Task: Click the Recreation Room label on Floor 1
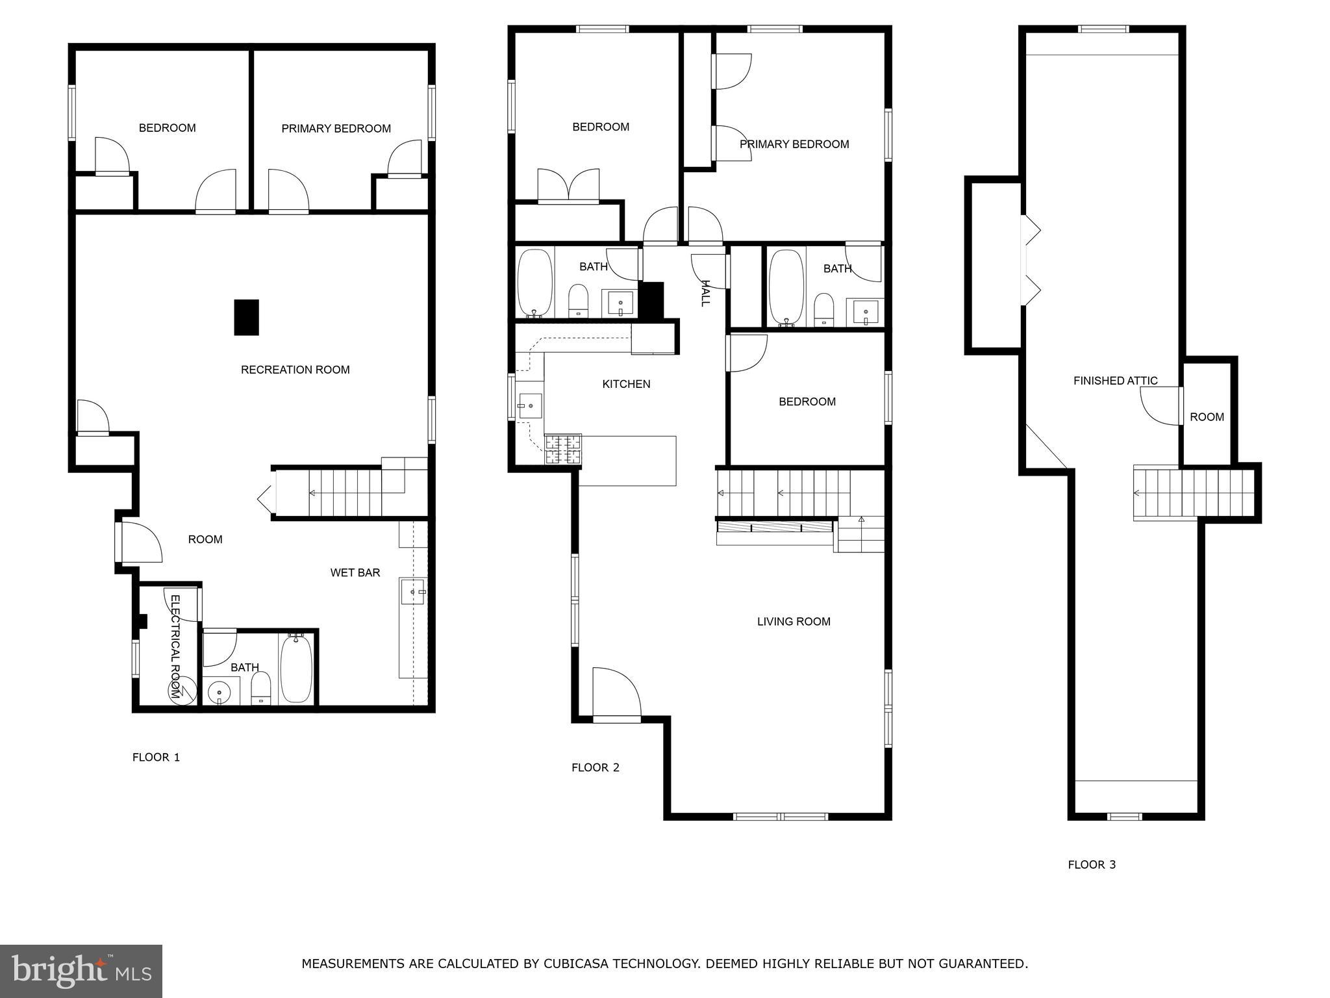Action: (x=295, y=370)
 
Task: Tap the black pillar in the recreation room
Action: (x=246, y=317)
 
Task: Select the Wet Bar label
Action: (x=355, y=572)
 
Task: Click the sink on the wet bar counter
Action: (x=412, y=592)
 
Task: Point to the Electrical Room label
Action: (x=175, y=646)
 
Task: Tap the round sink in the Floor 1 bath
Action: (x=220, y=693)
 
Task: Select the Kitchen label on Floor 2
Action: (x=626, y=384)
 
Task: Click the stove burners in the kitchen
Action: (x=563, y=449)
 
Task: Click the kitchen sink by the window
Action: (x=529, y=405)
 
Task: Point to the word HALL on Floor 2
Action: (x=706, y=293)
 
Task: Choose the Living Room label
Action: (x=794, y=622)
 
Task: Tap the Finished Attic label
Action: (x=1115, y=381)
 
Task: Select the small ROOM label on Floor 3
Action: (x=1207, y=417)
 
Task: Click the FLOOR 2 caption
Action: (x=595, y=767)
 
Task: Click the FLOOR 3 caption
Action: (x=1092, y=864)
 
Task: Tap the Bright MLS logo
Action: (x=81, y=971)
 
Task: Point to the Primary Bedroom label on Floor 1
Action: (x=336, y=129)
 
